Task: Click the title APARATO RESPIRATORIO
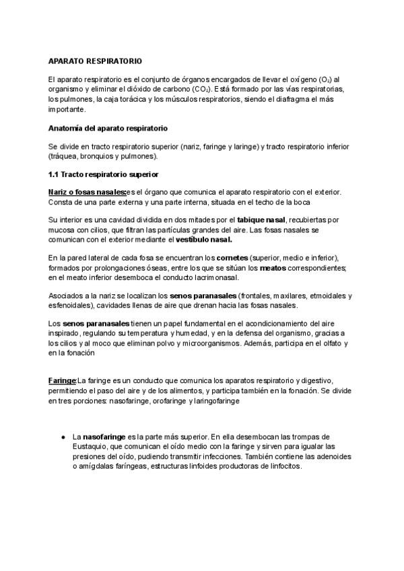pyautogui.click(x=95, y=61)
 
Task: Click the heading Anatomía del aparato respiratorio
pyautogui.click(x=108, y=127)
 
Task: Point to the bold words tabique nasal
pyautogui.click(x=263, y=220)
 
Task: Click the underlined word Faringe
pyautogui.click(x=62, y=381)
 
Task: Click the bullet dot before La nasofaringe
pyautogui.click(x=63, y=437)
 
